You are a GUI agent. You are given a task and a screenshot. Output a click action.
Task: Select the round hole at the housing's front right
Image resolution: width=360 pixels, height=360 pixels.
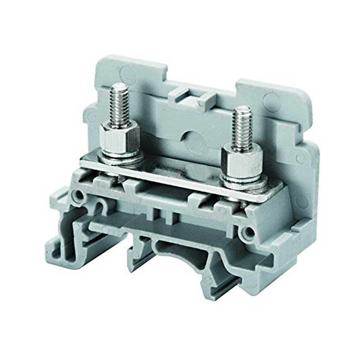tap(249, 232)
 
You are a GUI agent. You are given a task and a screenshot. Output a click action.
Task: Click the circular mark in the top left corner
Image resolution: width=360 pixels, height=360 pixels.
tap(127, 73)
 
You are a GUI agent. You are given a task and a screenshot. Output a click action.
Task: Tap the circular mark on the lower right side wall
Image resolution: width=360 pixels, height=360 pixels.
tap(302, 201)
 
